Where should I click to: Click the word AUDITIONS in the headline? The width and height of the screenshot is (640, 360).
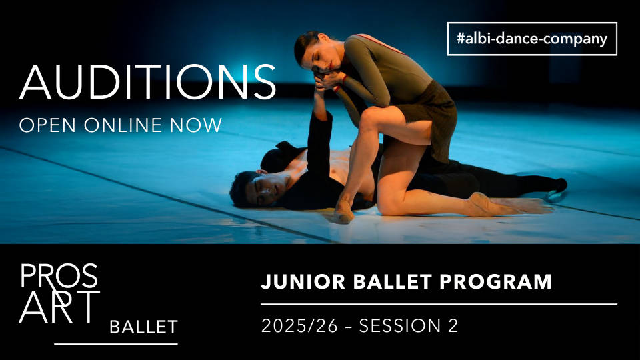[148, 82]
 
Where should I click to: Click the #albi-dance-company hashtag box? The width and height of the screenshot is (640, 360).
[532, 39]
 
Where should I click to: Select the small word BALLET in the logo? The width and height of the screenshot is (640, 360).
[143, 327]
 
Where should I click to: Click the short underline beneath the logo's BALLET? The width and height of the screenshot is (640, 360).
[116, 344]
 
